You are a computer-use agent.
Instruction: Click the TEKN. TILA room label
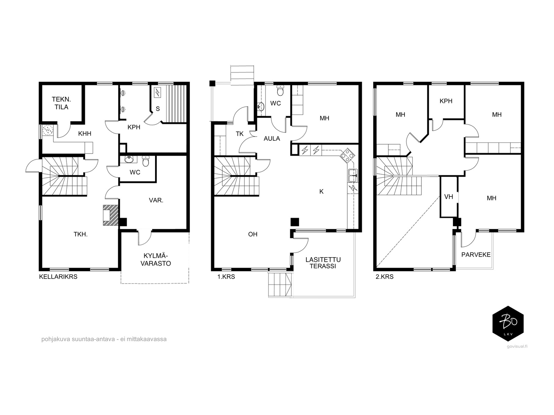point(61,103)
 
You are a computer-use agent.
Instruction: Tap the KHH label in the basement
point(84,133)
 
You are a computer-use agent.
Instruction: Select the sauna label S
point(158,109)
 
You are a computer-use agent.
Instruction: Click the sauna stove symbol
point(157,92)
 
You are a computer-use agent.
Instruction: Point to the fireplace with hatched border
point(110,215)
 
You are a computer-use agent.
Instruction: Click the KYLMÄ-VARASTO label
point(155,259)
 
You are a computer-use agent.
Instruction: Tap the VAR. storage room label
point(156,200)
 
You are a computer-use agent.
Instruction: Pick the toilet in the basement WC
point(145,162)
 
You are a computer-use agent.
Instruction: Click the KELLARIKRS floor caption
point(58,277)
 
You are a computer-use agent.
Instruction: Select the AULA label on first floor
point(271,138)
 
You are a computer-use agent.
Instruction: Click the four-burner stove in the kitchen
point(347,155)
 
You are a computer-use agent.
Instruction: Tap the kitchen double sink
point(353,175)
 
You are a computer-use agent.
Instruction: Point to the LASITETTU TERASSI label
point(323,263)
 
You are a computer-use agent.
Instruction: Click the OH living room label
point(253,234)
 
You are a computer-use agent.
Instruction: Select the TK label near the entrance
point(240,134)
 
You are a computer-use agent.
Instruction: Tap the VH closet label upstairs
point(448,197)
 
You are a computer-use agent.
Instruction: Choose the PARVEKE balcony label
point(476,255)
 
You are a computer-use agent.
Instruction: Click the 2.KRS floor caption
point(384,277)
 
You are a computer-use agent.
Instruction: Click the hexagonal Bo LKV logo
point(508,324)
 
